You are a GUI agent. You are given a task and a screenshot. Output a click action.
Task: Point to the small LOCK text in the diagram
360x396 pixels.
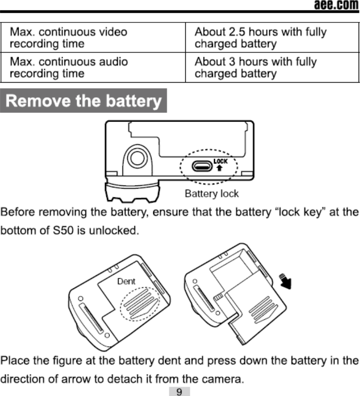coord(220,161)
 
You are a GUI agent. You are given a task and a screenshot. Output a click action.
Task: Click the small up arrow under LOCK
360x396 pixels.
coord(220,168)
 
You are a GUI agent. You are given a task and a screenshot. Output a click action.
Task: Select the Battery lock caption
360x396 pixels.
coord(211,194)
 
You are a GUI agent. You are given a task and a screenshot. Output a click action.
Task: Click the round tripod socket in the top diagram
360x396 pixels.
coord(136,158)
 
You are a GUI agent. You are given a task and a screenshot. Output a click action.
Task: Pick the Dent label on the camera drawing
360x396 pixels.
coord(126,281)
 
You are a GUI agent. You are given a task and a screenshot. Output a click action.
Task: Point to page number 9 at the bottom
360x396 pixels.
coord(180,391)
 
